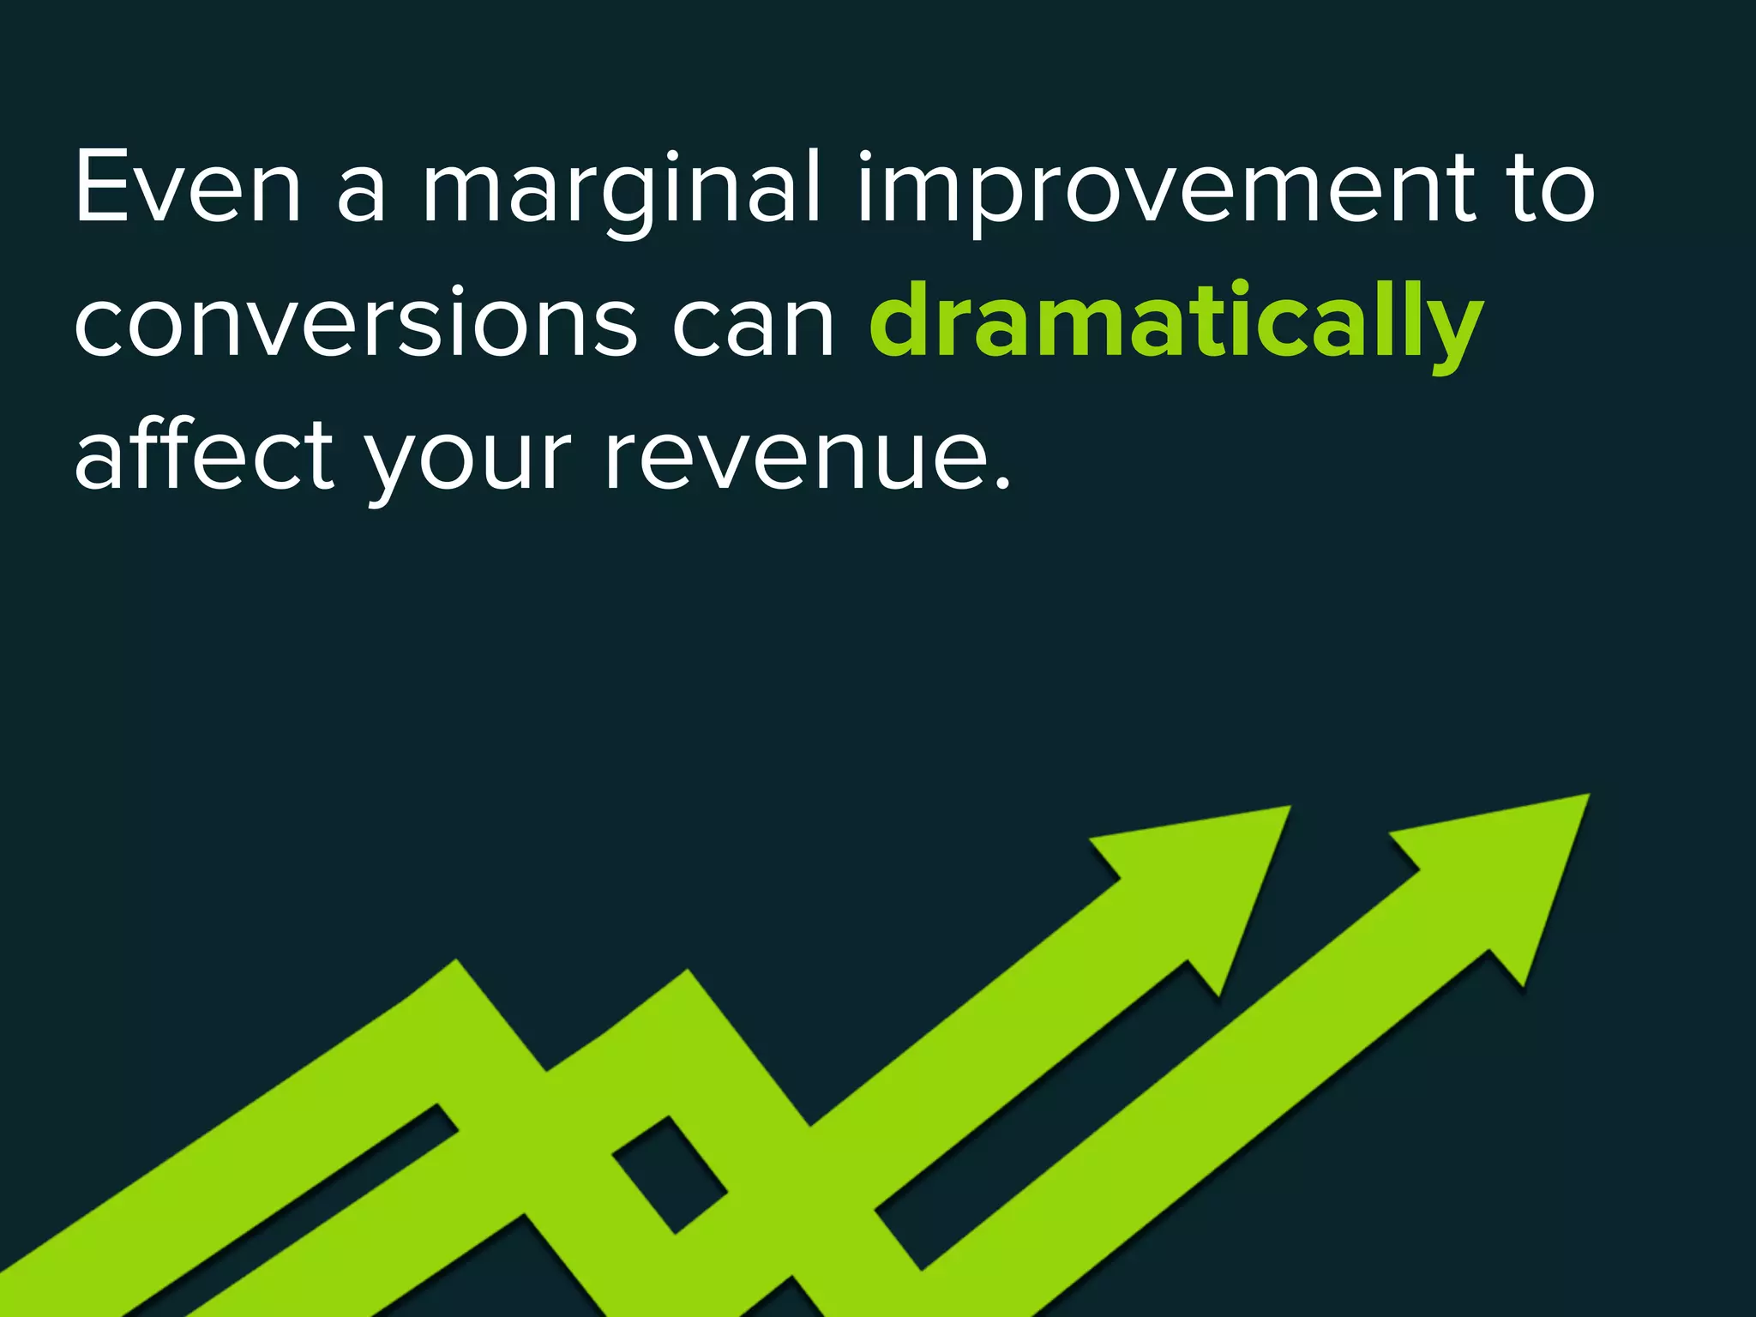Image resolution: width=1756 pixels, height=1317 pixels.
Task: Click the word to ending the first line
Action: pyautogui.click(x=1552, y=189)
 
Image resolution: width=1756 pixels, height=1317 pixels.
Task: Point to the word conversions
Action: pyautogui.click(x=355, y=323)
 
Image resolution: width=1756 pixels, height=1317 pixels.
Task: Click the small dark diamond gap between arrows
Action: pyautogui.click(x=670, y=1175)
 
